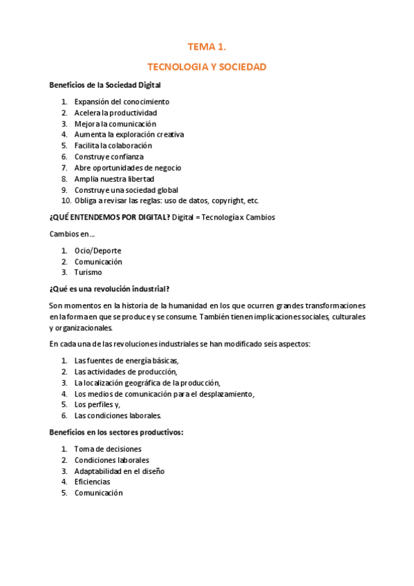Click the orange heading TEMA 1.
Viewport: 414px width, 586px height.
tap(207, 47)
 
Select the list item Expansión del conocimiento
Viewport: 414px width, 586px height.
tap(122, 102)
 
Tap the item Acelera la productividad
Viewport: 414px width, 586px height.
tap(115, 113)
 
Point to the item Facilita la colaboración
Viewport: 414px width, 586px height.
tap(113, 146)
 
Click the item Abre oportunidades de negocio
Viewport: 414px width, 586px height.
tap(126, 168)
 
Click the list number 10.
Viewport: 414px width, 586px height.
tap(66, 201)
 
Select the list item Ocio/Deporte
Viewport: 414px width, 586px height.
tap(98, 250)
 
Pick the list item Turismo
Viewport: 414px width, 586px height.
tap(88, 272)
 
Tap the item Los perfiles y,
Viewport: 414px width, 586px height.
tap(97, 404)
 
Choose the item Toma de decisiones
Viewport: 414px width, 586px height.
tap(108, 449)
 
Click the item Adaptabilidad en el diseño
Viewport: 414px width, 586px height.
tap(119, 471)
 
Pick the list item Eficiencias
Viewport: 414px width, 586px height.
tap(93, 482)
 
